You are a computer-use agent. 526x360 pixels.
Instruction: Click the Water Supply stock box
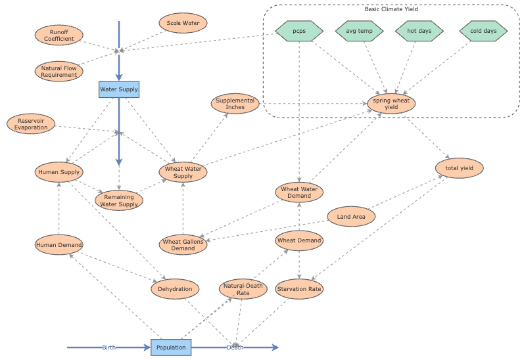119,89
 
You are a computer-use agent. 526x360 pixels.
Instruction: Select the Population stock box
171,347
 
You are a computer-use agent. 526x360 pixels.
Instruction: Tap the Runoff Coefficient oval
59,35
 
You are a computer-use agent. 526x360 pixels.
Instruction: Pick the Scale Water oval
183,23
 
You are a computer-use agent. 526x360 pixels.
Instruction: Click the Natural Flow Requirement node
59,71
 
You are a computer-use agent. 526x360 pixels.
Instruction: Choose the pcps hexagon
299,30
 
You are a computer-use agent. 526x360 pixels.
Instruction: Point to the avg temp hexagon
360,30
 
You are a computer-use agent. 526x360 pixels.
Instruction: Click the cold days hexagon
483,30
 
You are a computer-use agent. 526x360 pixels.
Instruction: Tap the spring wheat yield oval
391,104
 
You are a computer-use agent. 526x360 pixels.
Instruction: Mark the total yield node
460,168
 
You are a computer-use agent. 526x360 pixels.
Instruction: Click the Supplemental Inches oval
235,104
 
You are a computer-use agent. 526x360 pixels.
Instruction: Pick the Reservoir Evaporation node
32,124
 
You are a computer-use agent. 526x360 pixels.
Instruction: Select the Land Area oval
351,216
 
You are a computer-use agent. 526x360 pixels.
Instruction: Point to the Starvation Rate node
299,288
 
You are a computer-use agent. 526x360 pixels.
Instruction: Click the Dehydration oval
176,288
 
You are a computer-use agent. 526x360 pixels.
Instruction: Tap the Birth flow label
109,347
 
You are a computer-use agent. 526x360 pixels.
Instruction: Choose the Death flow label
235,347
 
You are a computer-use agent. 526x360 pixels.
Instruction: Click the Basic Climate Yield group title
391,9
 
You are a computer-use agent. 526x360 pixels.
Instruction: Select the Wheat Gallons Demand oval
183,245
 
